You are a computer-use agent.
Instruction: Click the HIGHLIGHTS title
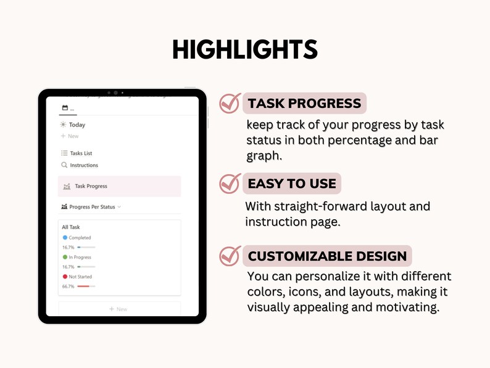[x=245, y=49]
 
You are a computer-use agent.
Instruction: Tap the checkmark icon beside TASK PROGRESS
[x=230, y=103]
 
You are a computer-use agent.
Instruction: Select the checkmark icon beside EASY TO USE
[x=230, y=183]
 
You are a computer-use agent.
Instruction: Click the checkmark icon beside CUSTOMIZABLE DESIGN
[x=230, y=256]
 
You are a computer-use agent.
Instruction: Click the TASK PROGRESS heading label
[x=304, y=103]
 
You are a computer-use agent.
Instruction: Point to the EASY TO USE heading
[x=292, y=183]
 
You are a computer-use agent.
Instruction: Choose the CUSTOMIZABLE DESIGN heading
[x=327, y=256]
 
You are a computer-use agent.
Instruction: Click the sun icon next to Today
[x=64, y=125]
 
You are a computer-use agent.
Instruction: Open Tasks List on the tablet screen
[x=81, y=153]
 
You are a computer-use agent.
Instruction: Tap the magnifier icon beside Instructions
[x=64, y=165]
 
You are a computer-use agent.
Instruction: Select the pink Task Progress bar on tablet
[x=120, y=186]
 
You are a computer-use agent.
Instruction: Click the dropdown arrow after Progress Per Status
[x=119, y=207]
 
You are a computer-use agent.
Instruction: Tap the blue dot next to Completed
[x=65, y=238]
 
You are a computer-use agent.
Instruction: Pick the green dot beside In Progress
[x=65, y=257]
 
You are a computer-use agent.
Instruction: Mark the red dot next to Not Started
[x=65, y=277]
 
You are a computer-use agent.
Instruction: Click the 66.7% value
[x=68, y=286]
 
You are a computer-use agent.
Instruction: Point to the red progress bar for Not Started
[x=84, y=286]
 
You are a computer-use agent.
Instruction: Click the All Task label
[x=71, y=227]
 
